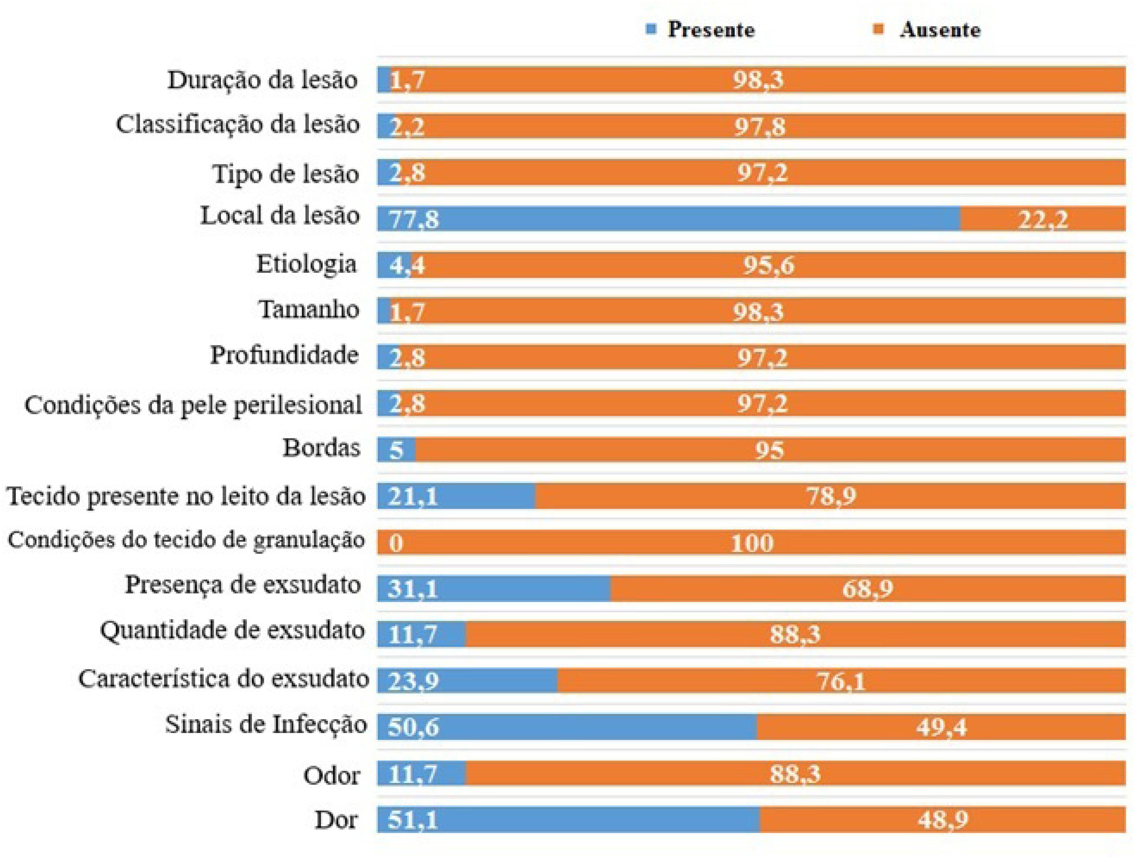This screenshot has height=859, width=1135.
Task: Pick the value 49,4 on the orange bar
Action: [941, 728]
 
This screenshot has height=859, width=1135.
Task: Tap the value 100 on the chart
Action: [752, 543]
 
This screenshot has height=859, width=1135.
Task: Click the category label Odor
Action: [331, 775]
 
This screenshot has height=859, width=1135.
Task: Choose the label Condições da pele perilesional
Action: [193, 405]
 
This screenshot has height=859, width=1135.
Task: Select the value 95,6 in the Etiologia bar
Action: [768, 265]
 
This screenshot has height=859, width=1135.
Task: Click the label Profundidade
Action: [284, 355]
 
